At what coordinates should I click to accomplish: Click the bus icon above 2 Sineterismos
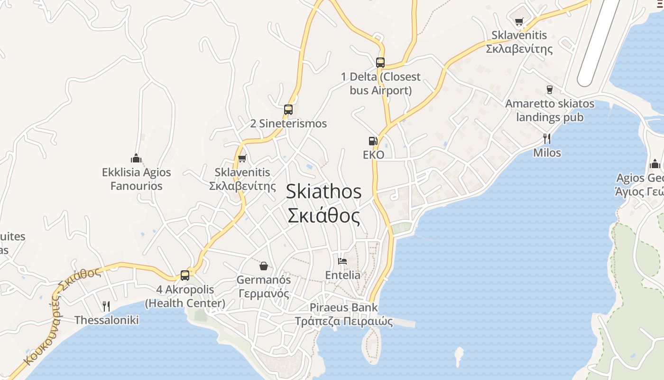coord(288,110)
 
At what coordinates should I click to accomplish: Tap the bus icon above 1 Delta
coord(380,62)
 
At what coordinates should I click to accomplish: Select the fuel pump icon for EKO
coord(373,141)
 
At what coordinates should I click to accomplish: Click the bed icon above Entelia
coord(342,261)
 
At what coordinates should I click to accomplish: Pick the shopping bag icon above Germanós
coord(264,266)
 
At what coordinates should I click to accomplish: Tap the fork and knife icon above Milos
coord(547,139)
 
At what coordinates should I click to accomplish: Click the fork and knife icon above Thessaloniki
coord(106,306)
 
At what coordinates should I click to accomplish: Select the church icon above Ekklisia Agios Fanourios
coord(137,158)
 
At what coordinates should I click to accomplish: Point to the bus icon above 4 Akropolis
coord(185,275)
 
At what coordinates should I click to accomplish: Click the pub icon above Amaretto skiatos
coord(549,89)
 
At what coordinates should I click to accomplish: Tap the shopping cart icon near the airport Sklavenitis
coord(519,21)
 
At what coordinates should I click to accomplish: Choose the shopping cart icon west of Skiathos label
coord(242,159)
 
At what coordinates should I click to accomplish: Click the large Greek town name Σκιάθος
coord(324,216)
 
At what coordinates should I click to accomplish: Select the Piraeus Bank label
coord(344,307)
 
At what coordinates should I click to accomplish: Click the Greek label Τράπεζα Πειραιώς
coord(344,322)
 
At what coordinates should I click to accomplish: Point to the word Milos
coord(547,153)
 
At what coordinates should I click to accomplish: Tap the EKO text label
coord(373,155)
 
